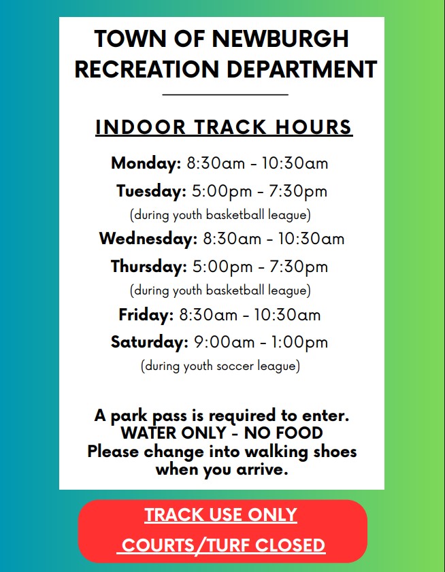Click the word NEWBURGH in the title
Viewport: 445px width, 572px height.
click(280, 38)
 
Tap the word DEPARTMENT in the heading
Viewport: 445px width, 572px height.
click(302, 69)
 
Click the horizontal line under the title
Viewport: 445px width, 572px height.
click(225, 95)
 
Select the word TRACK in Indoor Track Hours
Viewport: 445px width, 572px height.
click(230, 127)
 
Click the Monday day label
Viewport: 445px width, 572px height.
click(146, 163)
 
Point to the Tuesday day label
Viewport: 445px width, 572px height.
click(151, 191)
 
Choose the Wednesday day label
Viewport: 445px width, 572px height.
click(148, 239)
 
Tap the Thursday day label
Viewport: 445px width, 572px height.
click(149, 267)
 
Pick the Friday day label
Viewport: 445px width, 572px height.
click(146, 314)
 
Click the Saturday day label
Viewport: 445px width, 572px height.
click(150, 342)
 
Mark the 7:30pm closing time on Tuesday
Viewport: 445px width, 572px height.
click(298, 192)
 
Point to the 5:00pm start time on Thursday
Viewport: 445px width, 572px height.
click(222, 267)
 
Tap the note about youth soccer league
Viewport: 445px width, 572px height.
click(220, 366)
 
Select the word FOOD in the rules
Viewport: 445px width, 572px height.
click(301, 433)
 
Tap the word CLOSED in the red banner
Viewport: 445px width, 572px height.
click(290, 545)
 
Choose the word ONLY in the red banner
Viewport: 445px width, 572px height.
click(272, 515)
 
